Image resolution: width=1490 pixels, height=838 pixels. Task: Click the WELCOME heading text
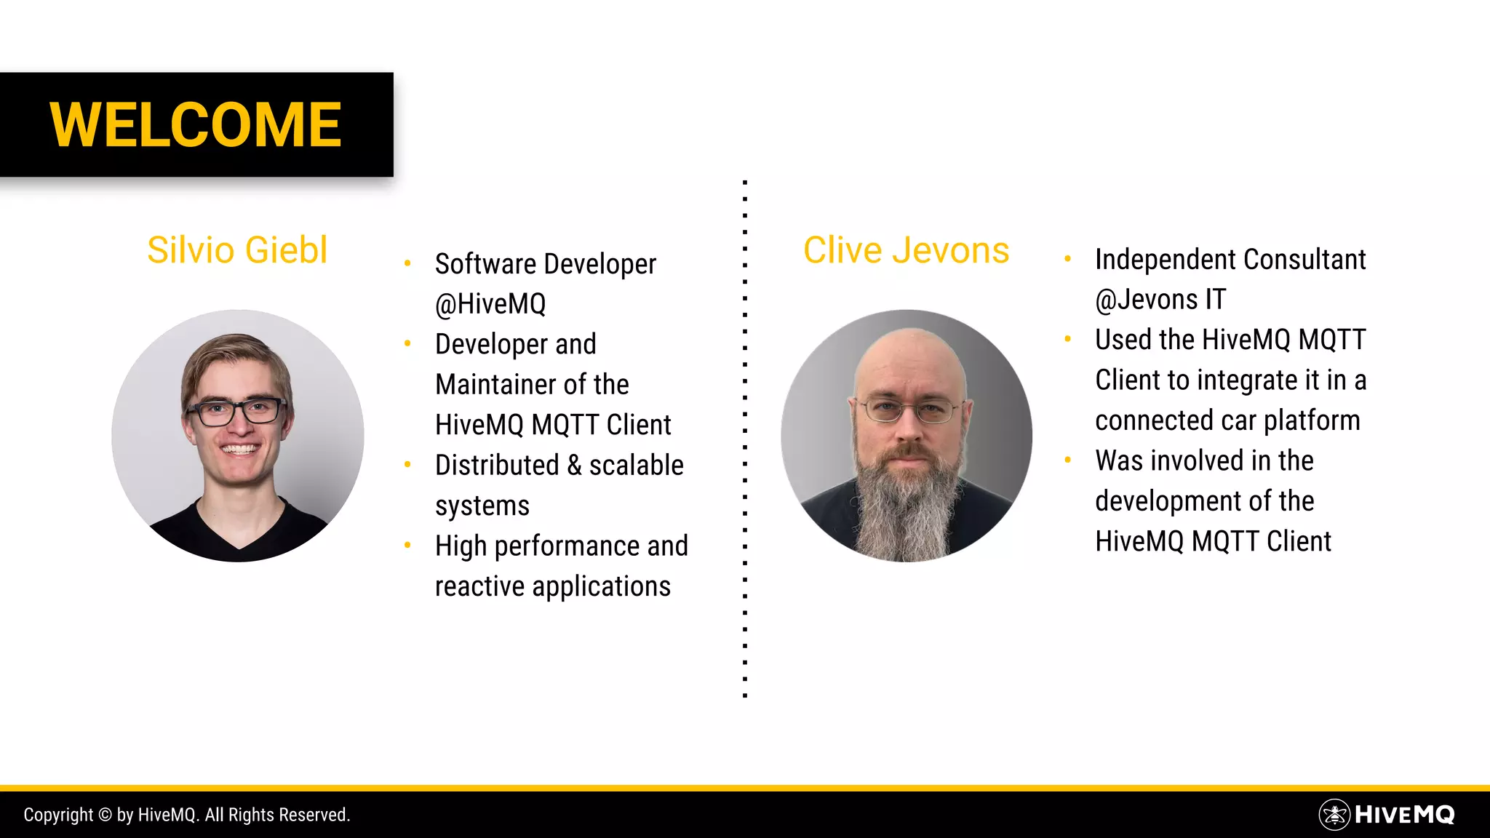pyautogui.click(x=195, y=124)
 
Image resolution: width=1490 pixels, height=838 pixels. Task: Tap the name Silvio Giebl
pyautogui.click(x=237, y=250)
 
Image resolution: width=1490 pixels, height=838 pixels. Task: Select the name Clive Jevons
pyautogui.click(x=906, y=250)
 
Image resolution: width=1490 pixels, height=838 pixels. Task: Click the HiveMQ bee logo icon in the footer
pyautogui.click(x=1334, y=815)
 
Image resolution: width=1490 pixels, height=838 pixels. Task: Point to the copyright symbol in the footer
pyautogui.click(x=105, y=815)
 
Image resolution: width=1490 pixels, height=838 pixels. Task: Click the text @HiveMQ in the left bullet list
pyautogui.click(x=490, y=304)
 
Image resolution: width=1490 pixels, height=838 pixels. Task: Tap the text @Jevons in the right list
pyautogui.click(x=1147, y=300)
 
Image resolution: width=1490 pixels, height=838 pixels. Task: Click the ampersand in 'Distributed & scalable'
pyautogui.click(x=575, y=466)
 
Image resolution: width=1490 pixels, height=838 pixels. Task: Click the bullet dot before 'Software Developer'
pyautogui.click(x=408, y=263)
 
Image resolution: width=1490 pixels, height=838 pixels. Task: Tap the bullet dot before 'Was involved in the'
pyautogui.click(x=1067, y=460)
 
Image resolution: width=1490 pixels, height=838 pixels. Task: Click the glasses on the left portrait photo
pyautogui.click(x=236, y=412)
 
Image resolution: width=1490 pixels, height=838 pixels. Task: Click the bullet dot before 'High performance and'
pyautogui.click(x=408, y=545)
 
